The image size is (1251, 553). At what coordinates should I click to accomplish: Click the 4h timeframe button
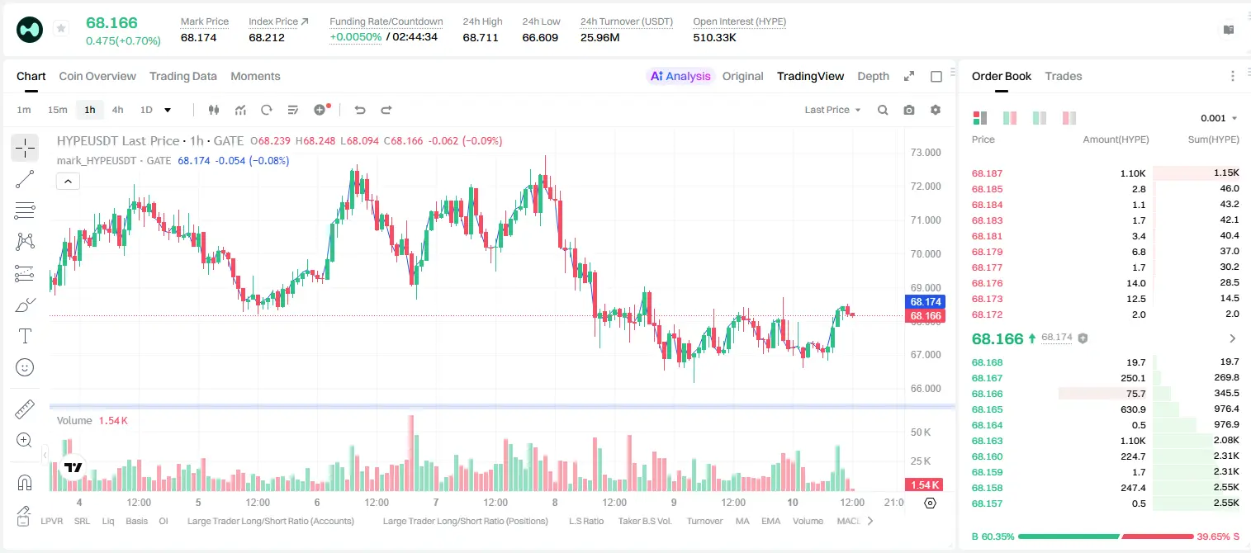point(117,110)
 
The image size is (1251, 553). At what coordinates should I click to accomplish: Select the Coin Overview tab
point(97,76)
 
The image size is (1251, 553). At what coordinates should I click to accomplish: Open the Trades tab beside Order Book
point(1064,76)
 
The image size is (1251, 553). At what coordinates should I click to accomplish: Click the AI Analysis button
point(680,76)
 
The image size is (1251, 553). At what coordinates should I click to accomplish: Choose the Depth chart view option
point(873,76)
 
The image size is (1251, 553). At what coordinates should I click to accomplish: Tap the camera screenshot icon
point(909,110)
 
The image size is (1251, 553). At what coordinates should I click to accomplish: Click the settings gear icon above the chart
point(936,110)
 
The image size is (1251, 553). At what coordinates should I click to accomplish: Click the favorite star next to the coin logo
point(61,28)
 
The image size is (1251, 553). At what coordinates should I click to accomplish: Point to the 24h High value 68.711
point(481,37)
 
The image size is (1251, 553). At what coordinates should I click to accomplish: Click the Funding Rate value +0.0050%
point(356,37)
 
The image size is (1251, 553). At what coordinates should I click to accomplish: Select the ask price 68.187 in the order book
point(987,173)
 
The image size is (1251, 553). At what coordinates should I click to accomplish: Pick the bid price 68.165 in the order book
point(987,409)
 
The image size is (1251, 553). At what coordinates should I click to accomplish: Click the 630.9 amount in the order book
point(1133,409)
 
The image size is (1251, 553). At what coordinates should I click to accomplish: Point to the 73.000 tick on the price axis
point(926,153)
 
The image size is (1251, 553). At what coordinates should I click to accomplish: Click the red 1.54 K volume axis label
point(924,485)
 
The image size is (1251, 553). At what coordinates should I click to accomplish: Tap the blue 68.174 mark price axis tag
point(925,302)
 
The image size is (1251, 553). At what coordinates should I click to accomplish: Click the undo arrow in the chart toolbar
point(360,110)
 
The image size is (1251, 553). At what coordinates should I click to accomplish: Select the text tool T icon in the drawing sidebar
point(25,336)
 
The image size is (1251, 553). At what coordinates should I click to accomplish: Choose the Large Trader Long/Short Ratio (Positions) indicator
point(465,521)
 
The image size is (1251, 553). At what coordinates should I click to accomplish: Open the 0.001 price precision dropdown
point(1219,118)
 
